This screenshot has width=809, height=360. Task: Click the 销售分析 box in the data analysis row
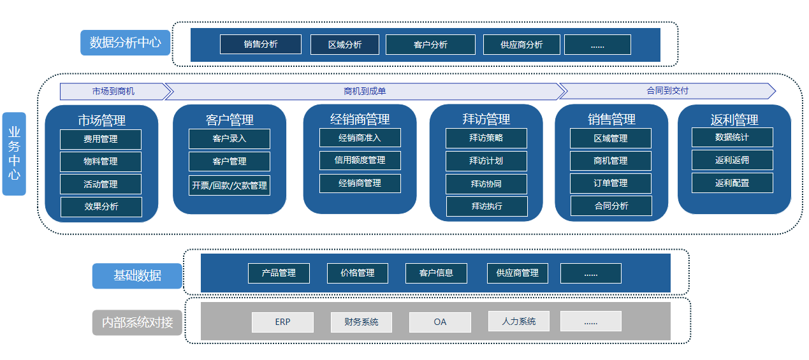pos(260,45)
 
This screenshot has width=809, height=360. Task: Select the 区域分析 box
pos(344,45)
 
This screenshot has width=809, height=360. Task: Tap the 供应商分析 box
pos(521,45)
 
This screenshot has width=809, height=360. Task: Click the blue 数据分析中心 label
pos(125,43)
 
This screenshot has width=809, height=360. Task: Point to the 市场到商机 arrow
pos(113,91)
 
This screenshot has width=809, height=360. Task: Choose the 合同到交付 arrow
pos(667,91)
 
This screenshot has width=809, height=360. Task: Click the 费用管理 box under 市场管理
pos(101,139)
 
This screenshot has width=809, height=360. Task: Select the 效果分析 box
pos(101,206)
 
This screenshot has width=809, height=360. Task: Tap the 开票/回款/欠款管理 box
pos(229,185)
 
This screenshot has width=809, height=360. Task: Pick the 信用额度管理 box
pos(360,160)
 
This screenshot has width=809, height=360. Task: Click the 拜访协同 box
pos(486,184)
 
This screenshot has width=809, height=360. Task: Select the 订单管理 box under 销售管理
pos(610,183)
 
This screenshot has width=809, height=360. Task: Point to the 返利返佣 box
pos(732,160)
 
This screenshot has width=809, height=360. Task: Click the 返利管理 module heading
pos(734,120)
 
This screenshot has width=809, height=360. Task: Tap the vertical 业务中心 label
pos(14,154)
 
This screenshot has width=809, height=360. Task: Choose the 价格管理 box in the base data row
pos(357,273)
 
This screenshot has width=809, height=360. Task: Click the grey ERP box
pos(282,322)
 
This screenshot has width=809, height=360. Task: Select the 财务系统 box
pos(361,322)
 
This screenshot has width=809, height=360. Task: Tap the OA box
pos(440,322)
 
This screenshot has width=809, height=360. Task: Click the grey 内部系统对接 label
pos(137,322)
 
